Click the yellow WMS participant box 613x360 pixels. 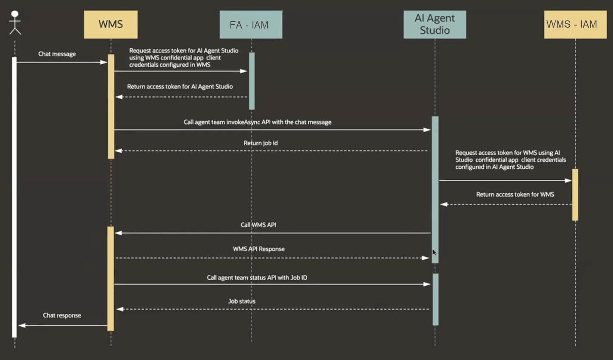[111, 25]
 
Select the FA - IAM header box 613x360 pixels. [251, 25]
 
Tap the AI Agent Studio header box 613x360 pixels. [434, 25]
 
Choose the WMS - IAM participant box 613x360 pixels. [575, 25]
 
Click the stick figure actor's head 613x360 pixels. [15, 14]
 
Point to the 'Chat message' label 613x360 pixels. [57, 54]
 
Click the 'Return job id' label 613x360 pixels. [260, 143]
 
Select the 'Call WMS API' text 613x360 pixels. [258, 225]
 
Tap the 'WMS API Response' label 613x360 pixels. [258, 249]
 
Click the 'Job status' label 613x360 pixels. [241, 301]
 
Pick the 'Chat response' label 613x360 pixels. [62, 315]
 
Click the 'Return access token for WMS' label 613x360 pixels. [515, 195]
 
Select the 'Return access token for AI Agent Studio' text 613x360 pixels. [180, 87]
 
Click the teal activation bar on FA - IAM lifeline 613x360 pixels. [252, 81]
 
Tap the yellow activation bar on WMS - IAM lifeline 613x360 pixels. [575, 195]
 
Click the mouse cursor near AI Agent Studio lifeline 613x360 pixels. [434, 252]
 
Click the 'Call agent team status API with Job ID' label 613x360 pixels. [257, 278]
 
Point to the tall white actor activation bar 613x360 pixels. [14, 196]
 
